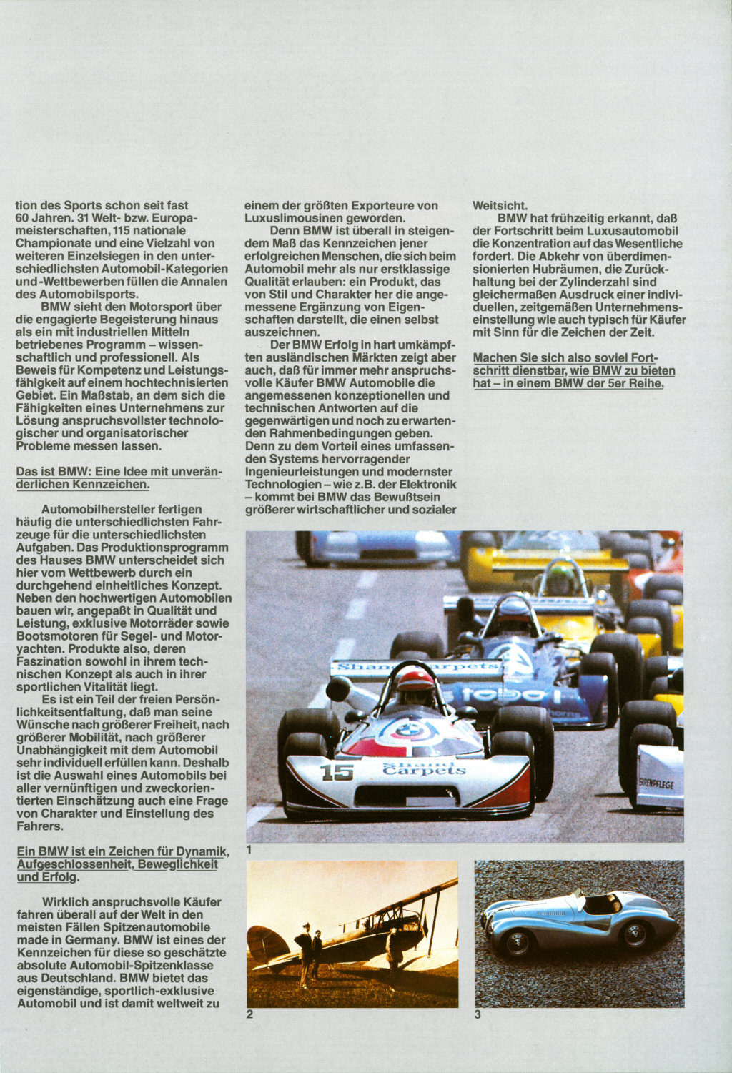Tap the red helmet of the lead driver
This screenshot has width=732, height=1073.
(x=415, y=680)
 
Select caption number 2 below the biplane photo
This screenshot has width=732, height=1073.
(x=249, y=1014)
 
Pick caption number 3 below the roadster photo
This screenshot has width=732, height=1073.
(x=478, y=1014)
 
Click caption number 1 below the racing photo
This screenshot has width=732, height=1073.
(x=249, y=849)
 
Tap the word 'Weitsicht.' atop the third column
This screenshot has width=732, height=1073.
(x=500, y=206)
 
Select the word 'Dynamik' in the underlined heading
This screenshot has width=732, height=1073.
(x=204, y=851)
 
